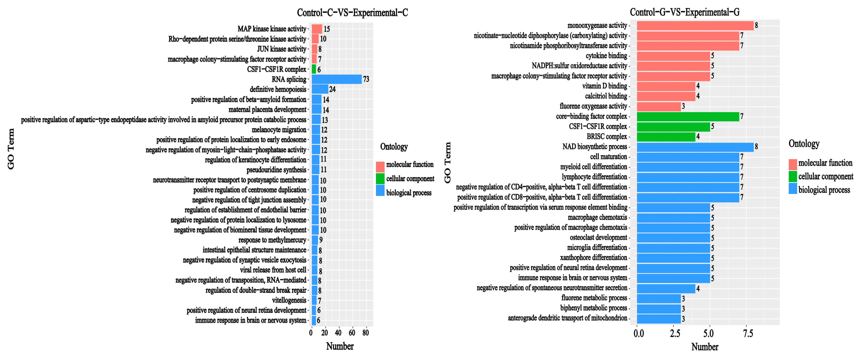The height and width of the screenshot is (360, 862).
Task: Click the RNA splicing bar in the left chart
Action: [x=336, y=79]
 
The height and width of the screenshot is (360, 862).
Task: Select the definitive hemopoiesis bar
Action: [x=320, y=89]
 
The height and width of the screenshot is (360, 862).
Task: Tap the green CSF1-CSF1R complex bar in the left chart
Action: [x=314, y=69]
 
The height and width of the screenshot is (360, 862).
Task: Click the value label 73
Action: [x=366, y=79]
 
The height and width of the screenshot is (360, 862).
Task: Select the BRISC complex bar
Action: [x=666, y=137]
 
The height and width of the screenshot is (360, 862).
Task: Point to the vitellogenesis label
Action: [x=289, y=300]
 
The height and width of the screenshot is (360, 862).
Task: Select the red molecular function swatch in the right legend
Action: [x=792, y=164]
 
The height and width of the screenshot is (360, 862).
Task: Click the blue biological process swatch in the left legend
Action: [x=380, y=191]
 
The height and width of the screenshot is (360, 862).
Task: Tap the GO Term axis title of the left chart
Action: [x=11, y=149]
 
